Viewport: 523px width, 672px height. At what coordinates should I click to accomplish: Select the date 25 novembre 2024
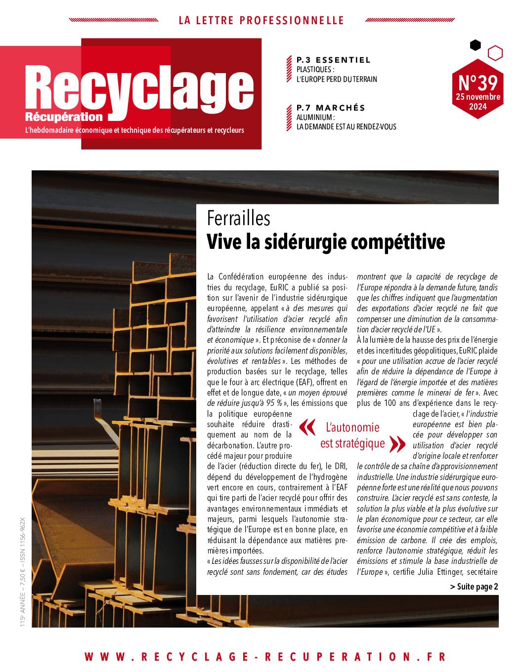pos(478,101)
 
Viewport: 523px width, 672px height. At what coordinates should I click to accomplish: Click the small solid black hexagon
pos(475,45)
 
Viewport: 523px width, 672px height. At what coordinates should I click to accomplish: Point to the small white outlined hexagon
pos(495,53)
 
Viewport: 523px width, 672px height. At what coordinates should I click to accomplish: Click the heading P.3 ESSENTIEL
pos(333,60)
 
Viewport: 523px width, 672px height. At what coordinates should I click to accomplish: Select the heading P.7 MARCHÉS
pos(331,108)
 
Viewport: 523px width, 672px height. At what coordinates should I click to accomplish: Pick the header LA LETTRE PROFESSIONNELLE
pos(261,20)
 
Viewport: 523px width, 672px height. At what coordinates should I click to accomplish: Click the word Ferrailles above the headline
pos(239,218)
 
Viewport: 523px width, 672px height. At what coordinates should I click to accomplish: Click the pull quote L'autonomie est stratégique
pos(352,435)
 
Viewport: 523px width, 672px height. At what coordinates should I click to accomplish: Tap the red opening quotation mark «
pos(307,428)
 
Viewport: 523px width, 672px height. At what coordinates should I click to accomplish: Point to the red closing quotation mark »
pos(397,443)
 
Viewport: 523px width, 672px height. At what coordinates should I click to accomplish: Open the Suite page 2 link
pos(474,587)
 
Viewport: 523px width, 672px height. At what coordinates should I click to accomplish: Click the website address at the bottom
pos(265,657)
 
